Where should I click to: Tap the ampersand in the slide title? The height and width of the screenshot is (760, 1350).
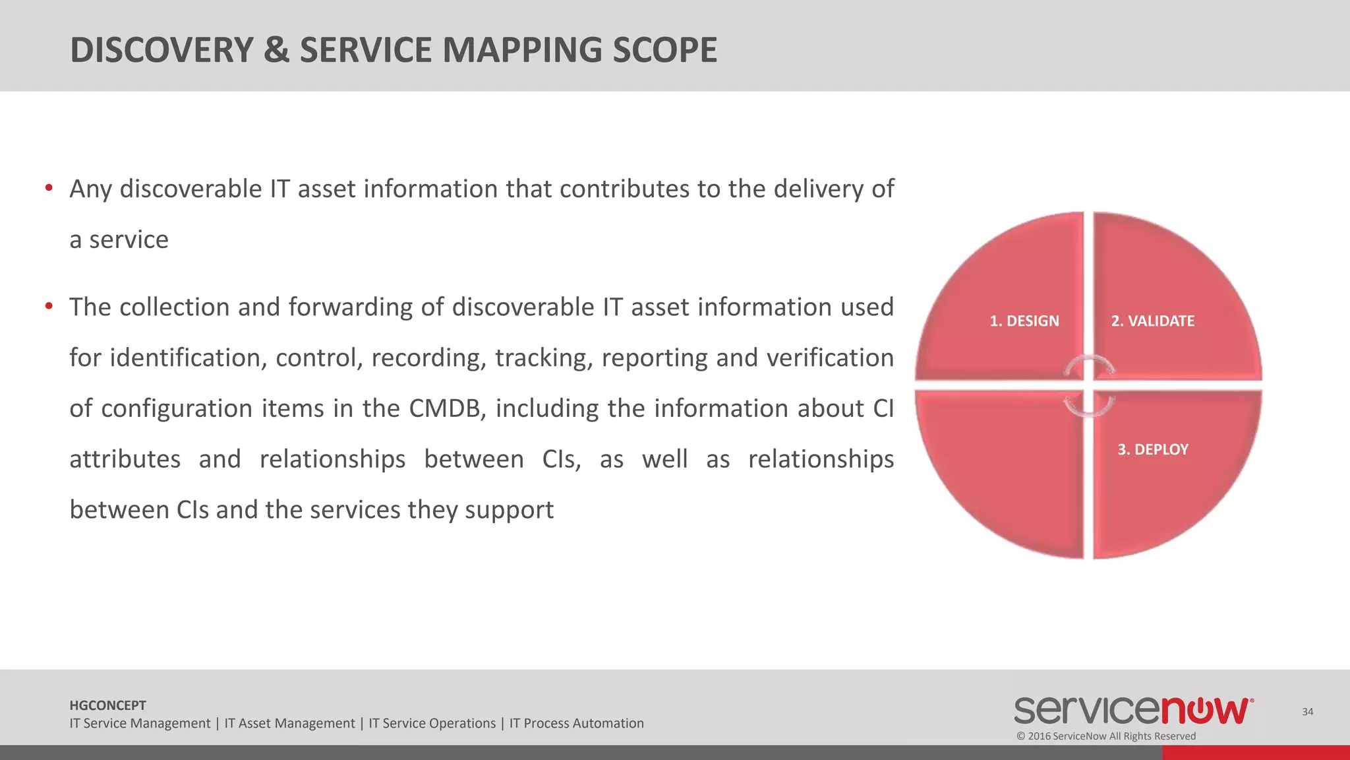(276, 50)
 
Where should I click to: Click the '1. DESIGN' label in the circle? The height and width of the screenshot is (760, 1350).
(1024, 321)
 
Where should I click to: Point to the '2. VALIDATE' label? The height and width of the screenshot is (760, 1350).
(1152, 321)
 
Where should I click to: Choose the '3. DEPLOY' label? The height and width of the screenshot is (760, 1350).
(1152, 449)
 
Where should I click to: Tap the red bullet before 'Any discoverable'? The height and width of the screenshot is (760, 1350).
(49, 189)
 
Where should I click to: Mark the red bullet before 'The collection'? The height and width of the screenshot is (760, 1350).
(49, 306)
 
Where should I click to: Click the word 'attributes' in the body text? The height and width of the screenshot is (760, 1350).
(125, 459)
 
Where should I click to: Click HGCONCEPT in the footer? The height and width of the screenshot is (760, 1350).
(107, 705)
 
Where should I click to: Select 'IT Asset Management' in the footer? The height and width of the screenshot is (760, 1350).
(289, 724)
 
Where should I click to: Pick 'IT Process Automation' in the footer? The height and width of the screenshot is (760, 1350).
(576, 724)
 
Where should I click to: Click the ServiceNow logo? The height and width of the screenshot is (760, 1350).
(1133, 711)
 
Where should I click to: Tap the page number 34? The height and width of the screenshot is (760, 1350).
(1307, 712)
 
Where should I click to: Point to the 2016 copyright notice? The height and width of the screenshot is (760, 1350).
(1105, 736)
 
